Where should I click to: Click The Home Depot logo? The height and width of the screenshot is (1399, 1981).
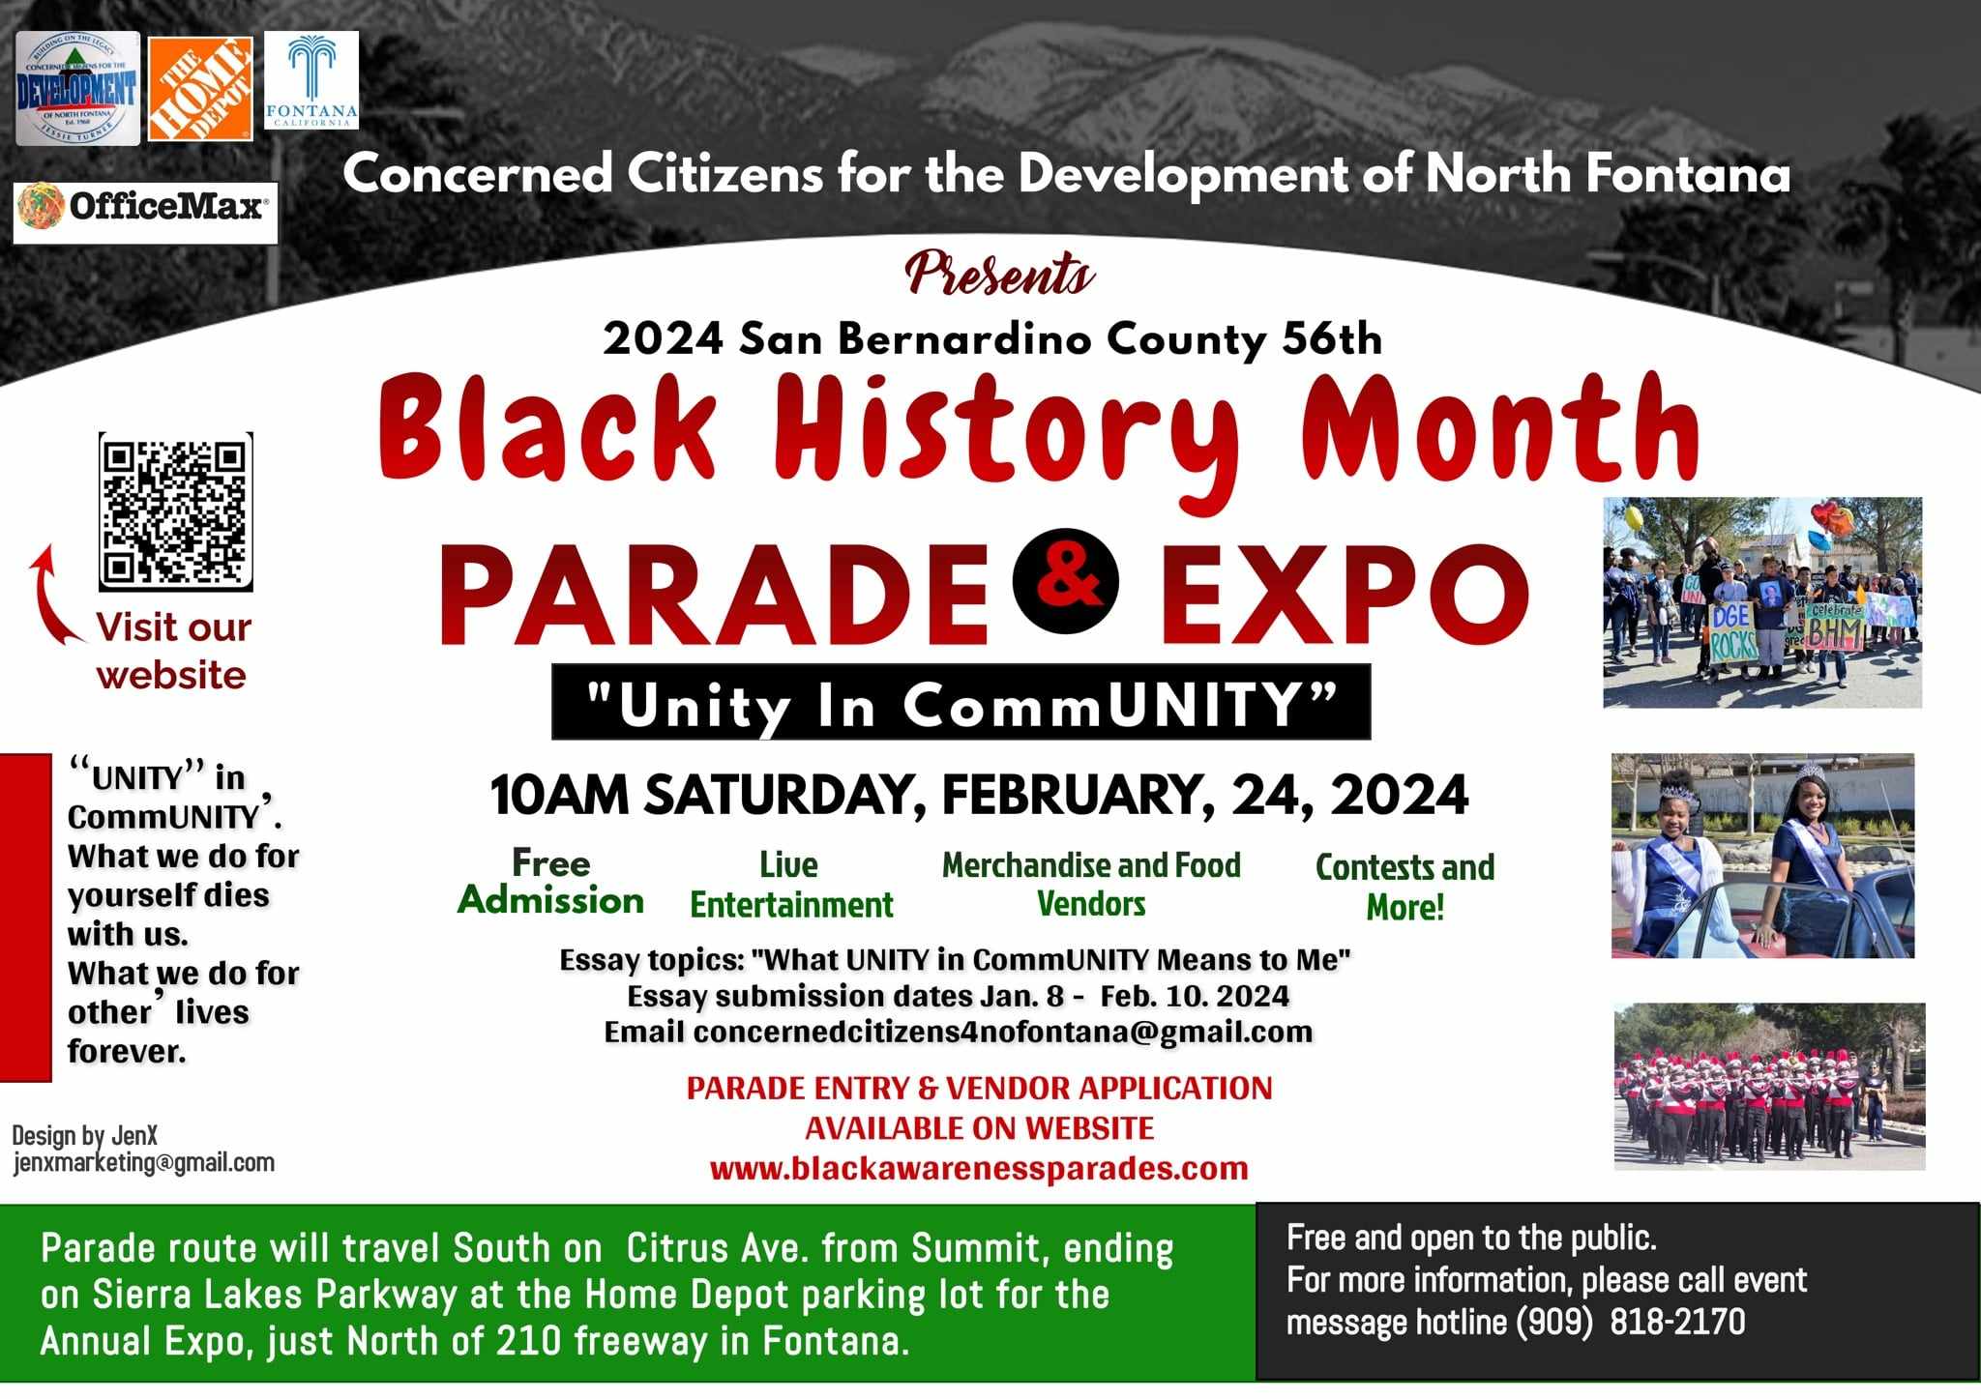click(x=200, y=89)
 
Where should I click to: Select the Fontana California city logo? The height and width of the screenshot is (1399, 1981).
click(x=311, y=80)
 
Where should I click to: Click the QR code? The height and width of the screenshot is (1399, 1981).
click(x=175, y=511)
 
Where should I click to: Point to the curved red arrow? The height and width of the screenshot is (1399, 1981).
click(x=50, y=593)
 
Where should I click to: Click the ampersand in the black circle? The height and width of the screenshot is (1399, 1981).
click(x=1066, y=580)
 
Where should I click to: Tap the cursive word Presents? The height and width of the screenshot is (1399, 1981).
click(x=1001, y=274)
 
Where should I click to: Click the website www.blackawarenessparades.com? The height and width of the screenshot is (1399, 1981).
click(x=979, y=1168)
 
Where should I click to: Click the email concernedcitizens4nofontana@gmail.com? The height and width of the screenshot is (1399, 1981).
click(x=1003, y=1032)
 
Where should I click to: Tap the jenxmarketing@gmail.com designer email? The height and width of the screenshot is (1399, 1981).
click(x=144, y=1162)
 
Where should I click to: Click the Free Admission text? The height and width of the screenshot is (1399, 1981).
click(x=550, y=881)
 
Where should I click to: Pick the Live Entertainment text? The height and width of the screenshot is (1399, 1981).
click(x=791, y=884)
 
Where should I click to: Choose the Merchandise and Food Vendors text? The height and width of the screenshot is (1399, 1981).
click(x=1091, y=884)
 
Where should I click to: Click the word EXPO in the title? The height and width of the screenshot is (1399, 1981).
click(x=1346, y=594)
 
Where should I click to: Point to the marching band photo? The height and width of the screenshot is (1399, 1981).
click(x=1769, y=1087)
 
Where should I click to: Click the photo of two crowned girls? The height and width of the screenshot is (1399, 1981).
click(x=1762, y=856)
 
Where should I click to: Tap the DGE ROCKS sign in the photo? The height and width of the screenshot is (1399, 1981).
click(x=1731, y=634)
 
